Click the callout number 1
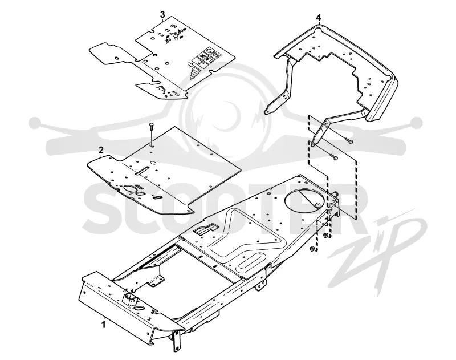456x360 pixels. tap(104, 324)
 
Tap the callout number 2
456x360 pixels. tap(101, 150)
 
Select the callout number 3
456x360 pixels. tap(162, 14)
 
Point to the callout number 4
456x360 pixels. tap(319, 18)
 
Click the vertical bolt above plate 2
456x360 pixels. tap(151, 134)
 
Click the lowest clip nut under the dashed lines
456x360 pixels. tap(313, 249)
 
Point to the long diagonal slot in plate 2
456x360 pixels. tap(142, 171)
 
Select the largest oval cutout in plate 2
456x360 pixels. tap(130, 189)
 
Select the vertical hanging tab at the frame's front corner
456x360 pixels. tap(177, 341)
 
